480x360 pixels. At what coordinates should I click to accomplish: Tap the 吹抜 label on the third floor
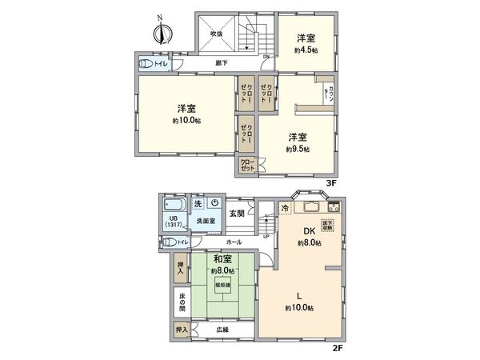tap(216, 34)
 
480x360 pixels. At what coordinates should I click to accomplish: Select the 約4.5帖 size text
tap(305, 50)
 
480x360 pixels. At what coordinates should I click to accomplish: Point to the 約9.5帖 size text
tap(298, 149)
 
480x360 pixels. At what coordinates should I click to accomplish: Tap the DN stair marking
tap(266, 57)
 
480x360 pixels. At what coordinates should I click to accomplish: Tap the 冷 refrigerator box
tap(284, 209)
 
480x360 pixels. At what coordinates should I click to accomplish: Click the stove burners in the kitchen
tap(334, 208)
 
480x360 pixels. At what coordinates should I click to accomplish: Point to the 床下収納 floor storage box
tap(327, 226)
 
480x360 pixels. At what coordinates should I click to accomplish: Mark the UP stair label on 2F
tap(266, 237)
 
